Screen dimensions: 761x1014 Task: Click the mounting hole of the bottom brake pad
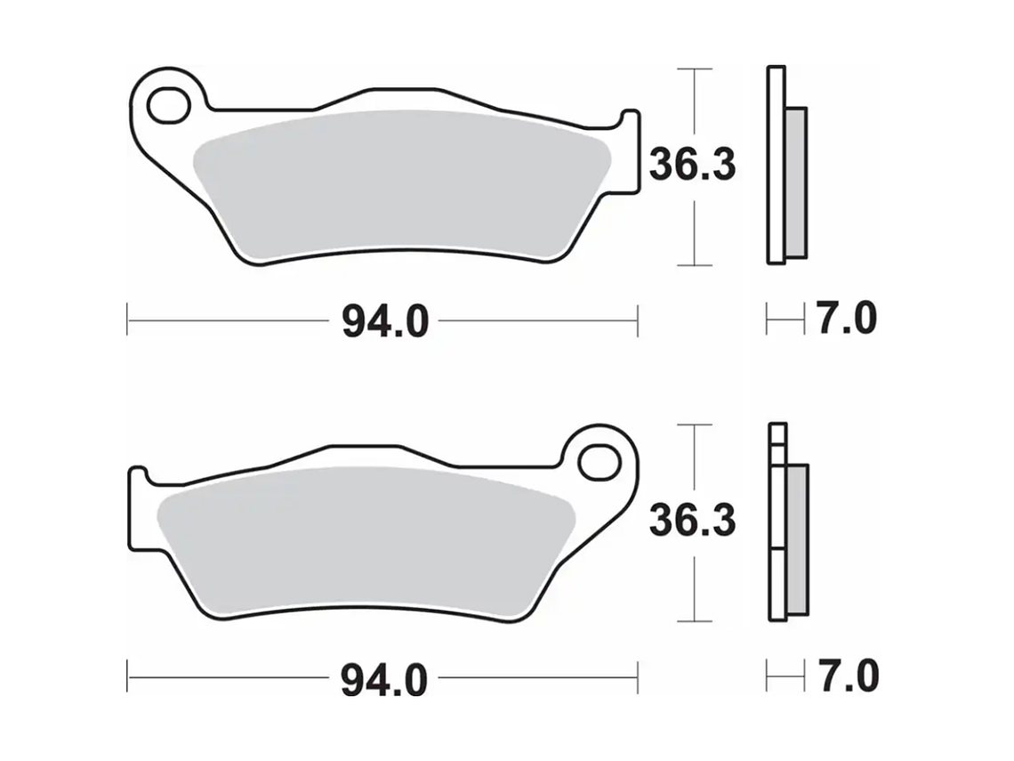(x=598, y=462)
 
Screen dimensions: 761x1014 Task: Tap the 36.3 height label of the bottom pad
(x=692, y=521)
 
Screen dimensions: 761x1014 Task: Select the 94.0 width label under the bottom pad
(x=384, y=681)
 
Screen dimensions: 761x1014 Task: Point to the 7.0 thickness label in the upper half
(x=846, y=319)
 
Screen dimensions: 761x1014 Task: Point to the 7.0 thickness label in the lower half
(x=846, y=678)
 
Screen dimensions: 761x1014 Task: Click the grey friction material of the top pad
(x=400, y=182)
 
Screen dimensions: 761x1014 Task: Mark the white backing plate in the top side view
(x=776, y=165)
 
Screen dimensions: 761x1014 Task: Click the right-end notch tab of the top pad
(x=629, y=151)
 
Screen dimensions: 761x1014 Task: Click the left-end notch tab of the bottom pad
(x=140, y=507)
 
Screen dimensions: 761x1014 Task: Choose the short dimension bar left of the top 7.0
(x=779, y=319)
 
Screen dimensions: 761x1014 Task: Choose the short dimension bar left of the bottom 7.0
(x=779, y=678)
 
